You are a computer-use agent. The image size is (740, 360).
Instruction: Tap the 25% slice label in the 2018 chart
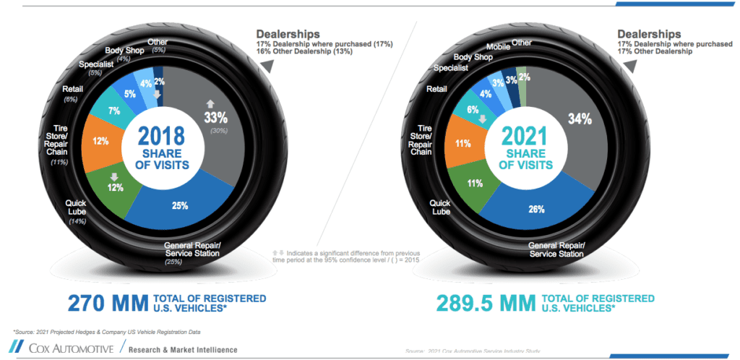point(180,205)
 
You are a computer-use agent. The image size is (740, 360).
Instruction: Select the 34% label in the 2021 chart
point(581,119)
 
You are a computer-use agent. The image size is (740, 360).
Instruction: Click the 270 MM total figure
point(106,303)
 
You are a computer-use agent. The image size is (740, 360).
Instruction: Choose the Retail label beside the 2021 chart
point(436,90)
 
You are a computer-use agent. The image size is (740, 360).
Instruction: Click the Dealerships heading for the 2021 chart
point(648,34)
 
